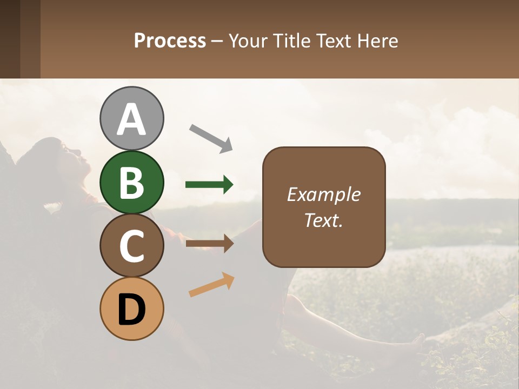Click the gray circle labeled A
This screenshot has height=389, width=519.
tap(131, 118)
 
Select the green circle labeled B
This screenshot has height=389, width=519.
tap(131, 182)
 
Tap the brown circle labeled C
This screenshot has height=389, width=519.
tap(131, 245)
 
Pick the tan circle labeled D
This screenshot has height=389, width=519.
tap(131, 308)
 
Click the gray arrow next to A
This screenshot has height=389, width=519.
tap(211, 138)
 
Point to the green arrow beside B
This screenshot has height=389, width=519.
tap(209, 185)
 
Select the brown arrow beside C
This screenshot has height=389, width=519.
tap(209, 244)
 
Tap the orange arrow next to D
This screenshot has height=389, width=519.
tap(211, 285)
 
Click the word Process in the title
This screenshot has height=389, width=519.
tap(170, 41)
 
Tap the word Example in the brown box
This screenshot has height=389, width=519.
tap(323, 194)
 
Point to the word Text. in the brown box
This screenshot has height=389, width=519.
tap(323, 220)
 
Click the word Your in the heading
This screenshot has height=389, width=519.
tap(248, 41)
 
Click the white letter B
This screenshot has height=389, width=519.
tap(131, 183)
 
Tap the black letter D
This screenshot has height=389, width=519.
tap(131, 310)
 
